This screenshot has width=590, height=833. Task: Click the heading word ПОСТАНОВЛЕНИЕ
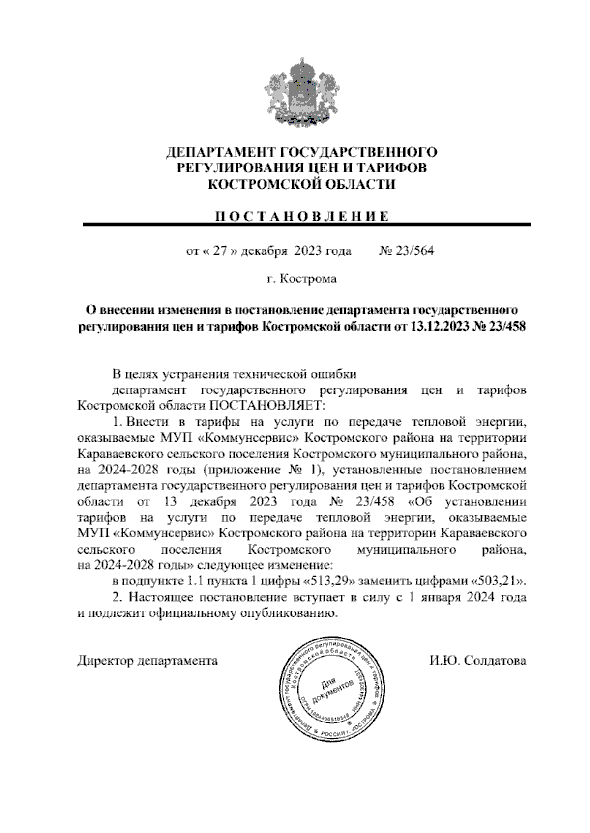[302, 216]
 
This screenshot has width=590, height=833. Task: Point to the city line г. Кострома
[301, 279]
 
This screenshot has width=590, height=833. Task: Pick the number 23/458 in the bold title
[507, 327]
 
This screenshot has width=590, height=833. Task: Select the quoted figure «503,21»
[498, 581]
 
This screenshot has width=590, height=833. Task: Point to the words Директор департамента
[147, 661]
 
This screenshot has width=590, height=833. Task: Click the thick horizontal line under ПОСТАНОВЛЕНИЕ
[307, 225]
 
